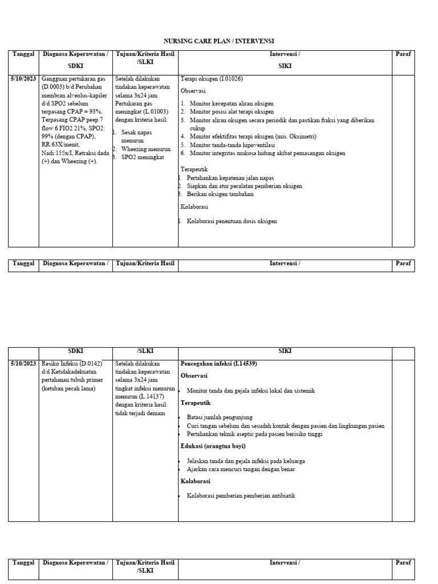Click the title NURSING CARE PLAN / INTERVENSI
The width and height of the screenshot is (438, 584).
pos(219,41)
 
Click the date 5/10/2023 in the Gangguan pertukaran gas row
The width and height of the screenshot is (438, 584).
pos(23,79)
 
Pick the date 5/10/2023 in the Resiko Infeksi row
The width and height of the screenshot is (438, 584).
pos(23,363)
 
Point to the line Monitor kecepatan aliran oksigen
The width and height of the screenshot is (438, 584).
pos(232,104)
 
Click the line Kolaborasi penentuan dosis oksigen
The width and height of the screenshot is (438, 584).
pos(232,221)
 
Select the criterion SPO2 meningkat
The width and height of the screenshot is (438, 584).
pos(143,156)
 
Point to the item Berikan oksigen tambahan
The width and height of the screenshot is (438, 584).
pos(220,194)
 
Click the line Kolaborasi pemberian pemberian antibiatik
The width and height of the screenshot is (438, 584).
pos(241,496)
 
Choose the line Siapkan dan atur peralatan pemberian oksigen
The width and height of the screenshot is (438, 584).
pos(244,186)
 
